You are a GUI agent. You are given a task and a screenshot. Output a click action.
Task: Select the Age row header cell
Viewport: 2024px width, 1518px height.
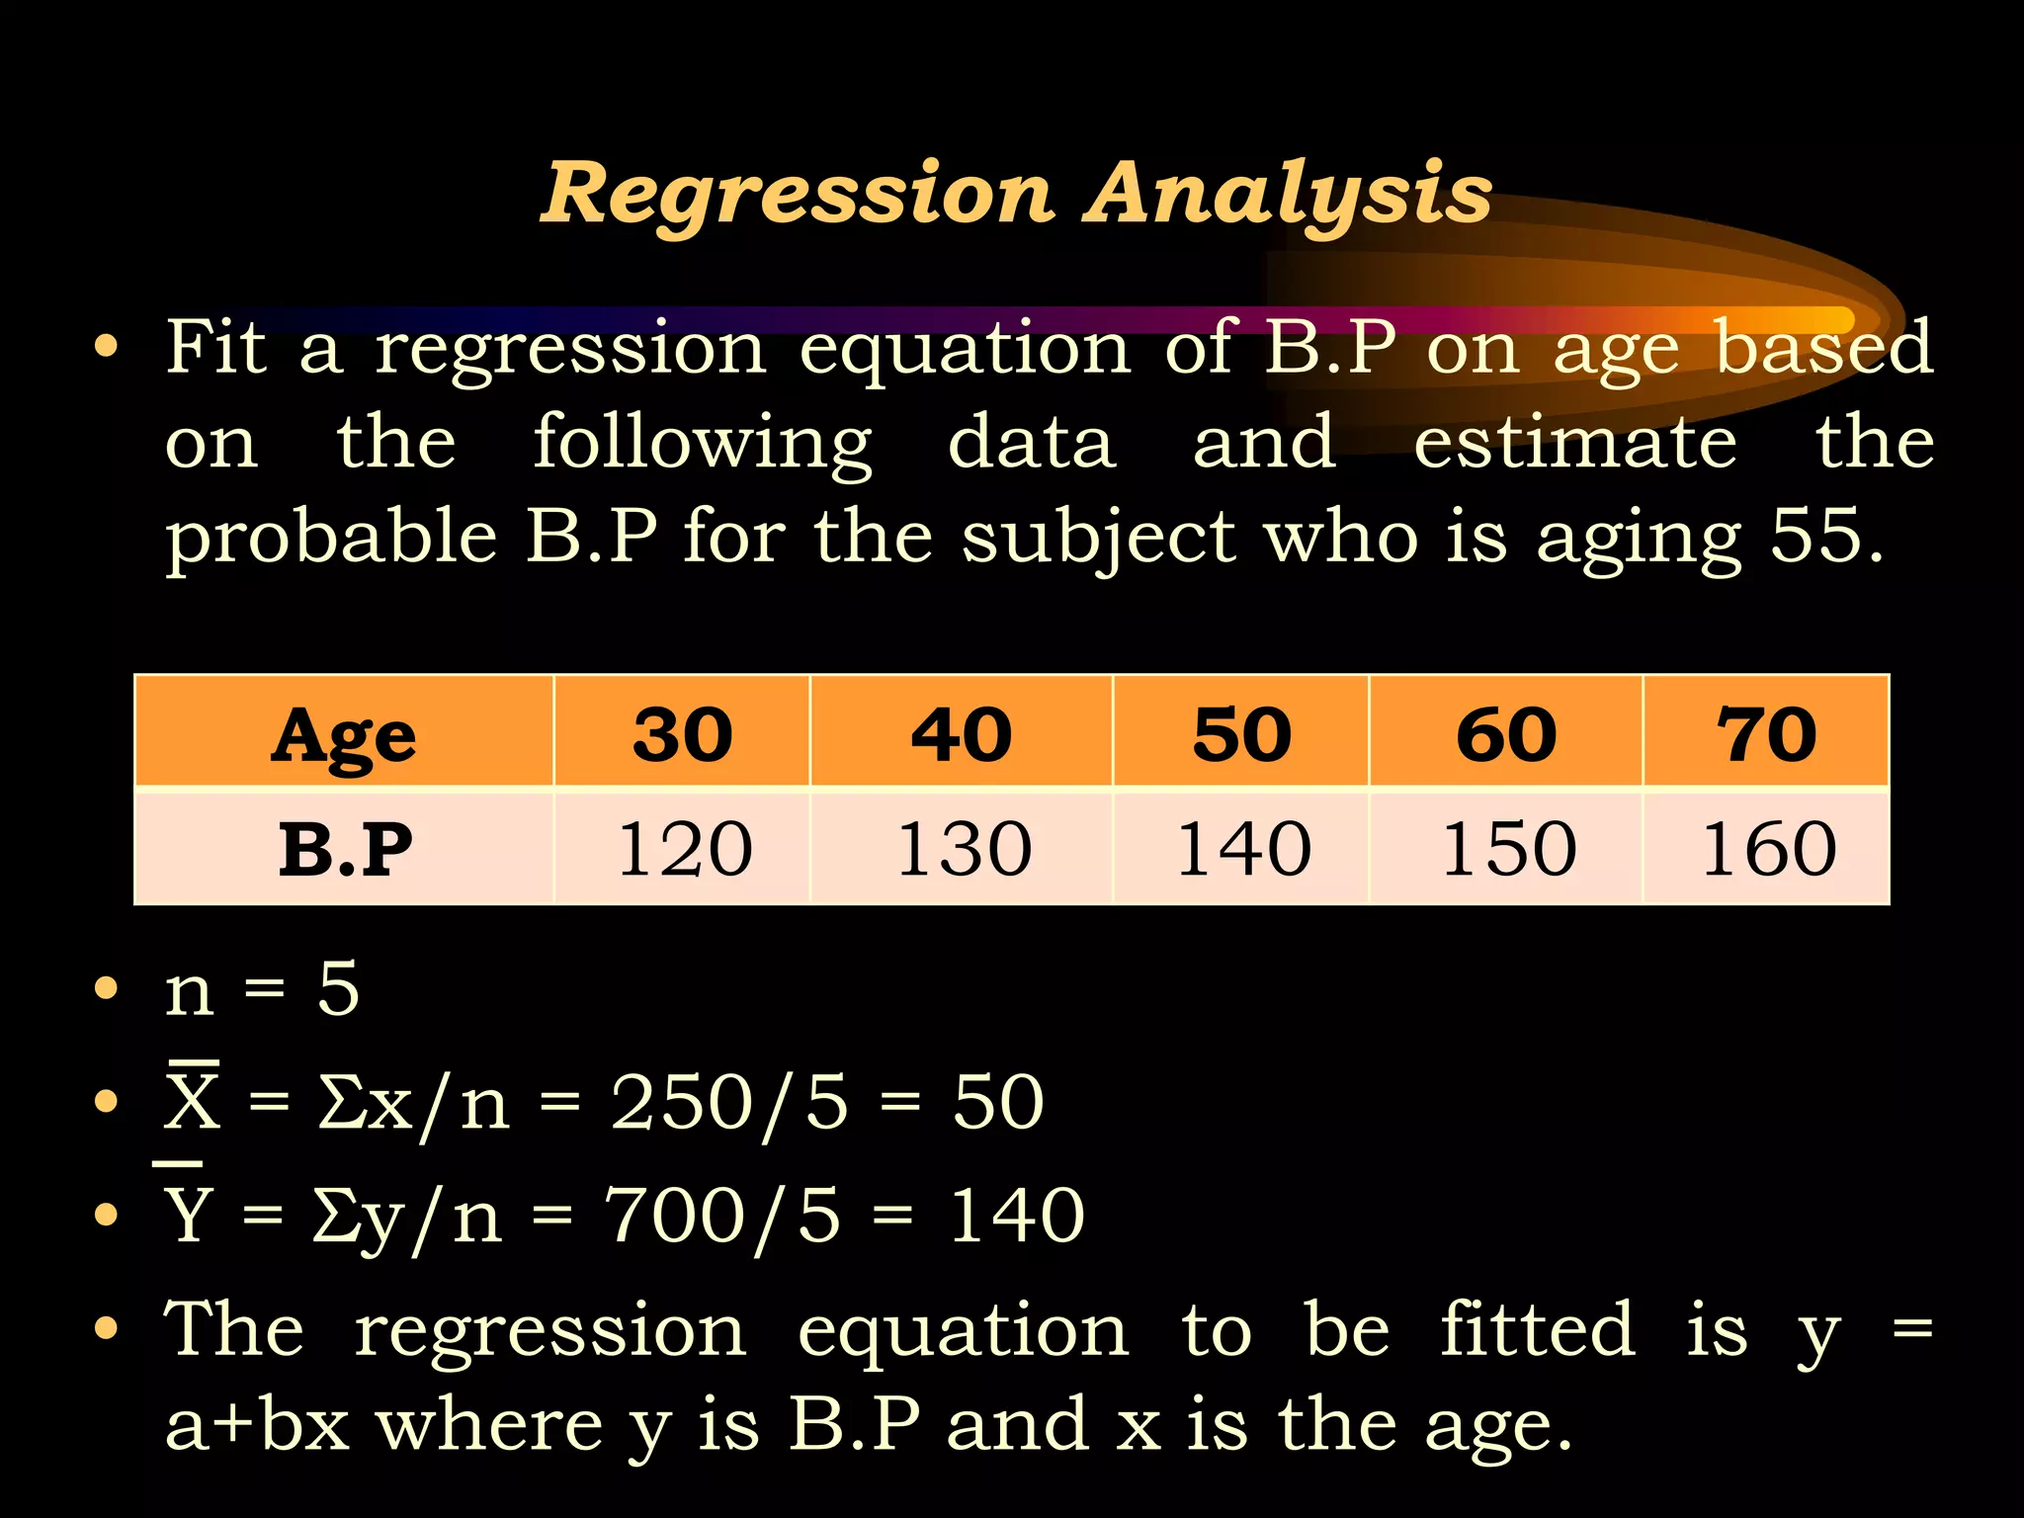[344, 733]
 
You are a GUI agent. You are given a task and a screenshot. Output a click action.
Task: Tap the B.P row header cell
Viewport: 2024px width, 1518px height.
[344, 848]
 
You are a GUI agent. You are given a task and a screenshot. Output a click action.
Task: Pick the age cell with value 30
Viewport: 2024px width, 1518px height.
[683, 733]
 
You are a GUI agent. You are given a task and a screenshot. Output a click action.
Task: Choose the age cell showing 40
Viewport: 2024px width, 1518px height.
[962, 733]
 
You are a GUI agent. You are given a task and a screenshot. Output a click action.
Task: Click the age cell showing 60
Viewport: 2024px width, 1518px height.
[1506, 733]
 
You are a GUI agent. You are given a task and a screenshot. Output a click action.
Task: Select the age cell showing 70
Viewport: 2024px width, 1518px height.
[1766, 733]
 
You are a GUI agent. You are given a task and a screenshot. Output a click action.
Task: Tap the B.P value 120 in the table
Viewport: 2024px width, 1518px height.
[684, 848]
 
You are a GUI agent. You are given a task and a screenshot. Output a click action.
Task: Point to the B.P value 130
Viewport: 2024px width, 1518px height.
[964, 848]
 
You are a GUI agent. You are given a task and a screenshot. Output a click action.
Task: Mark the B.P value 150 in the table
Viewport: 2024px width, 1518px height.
[1508, 848]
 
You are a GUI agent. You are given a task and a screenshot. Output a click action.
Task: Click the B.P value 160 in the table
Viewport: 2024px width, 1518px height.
[1768, 848]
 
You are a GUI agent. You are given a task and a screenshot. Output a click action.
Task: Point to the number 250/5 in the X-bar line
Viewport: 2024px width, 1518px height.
[729, 1102]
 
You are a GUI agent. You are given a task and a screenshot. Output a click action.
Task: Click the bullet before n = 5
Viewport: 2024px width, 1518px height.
[106, 988]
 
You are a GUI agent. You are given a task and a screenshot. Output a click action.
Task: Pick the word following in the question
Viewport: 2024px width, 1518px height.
[702, 443]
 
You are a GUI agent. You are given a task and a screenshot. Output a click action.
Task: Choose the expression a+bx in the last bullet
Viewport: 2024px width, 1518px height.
[257, 1425]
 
